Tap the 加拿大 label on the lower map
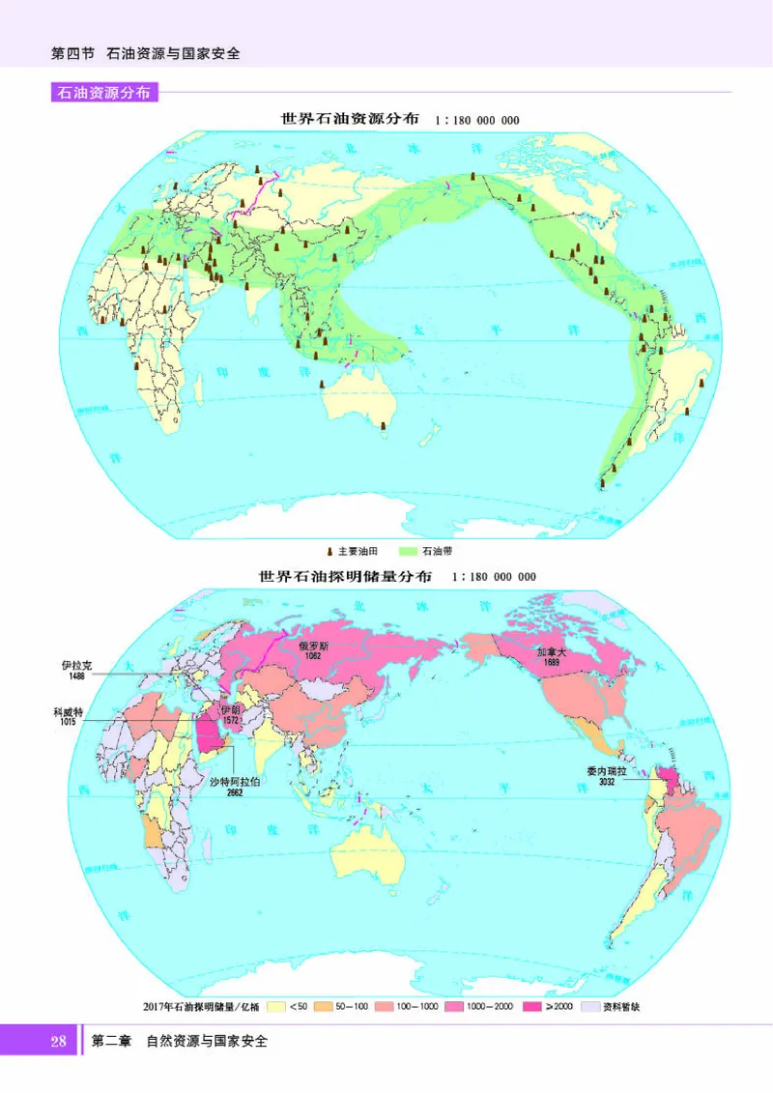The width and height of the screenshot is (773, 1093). [552, 652]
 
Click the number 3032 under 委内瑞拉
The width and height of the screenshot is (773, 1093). [606, 782]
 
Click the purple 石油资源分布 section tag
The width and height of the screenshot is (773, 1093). [104, 94]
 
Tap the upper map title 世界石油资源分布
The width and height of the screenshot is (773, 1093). [350, 120]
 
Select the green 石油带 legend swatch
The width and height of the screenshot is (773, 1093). [405, 551]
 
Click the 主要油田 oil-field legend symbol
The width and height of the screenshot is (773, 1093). [329, 551]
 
